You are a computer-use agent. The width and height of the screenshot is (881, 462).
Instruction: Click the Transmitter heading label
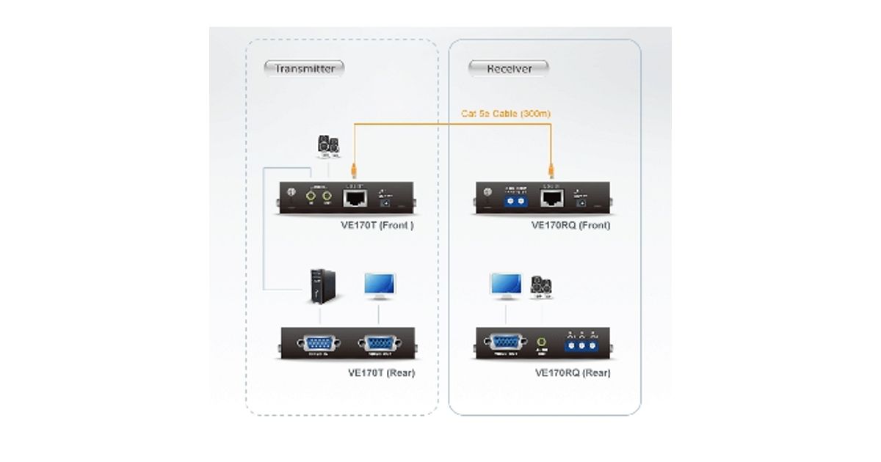click(x=305, y=69)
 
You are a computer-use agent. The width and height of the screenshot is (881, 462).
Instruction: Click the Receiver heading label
click(x=509, y=69)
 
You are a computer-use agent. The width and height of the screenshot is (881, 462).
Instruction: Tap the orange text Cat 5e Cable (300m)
click(x=505, y=113)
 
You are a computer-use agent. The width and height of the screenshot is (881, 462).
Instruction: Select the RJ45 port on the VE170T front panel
click(x=355, y=197)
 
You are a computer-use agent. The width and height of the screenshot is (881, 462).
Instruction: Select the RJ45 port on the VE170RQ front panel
click(x=552, y=197)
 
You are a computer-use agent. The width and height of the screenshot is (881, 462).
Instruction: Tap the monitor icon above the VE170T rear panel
click(x=379, y=285)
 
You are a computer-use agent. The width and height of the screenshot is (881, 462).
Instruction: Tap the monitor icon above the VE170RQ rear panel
click(x=506, y=285)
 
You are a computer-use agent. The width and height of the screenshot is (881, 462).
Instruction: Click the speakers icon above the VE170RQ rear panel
click(x=542, y=287)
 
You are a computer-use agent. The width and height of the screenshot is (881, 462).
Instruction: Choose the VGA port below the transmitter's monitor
click(x=379, y=343)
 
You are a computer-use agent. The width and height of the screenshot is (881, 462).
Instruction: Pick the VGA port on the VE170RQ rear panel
click(x=506, y=342)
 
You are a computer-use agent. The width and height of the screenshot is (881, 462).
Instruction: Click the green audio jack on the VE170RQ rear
click(x=542, y=342)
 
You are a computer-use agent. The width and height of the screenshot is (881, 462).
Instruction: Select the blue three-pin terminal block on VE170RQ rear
click(x=581, y=344)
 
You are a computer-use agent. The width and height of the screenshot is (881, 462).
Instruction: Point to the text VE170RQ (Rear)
click(x=573, y=373)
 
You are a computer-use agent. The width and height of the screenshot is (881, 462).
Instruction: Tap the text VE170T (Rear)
click(x=381, y=373)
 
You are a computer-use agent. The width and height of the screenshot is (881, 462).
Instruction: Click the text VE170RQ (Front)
click(x=570, y=226)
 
